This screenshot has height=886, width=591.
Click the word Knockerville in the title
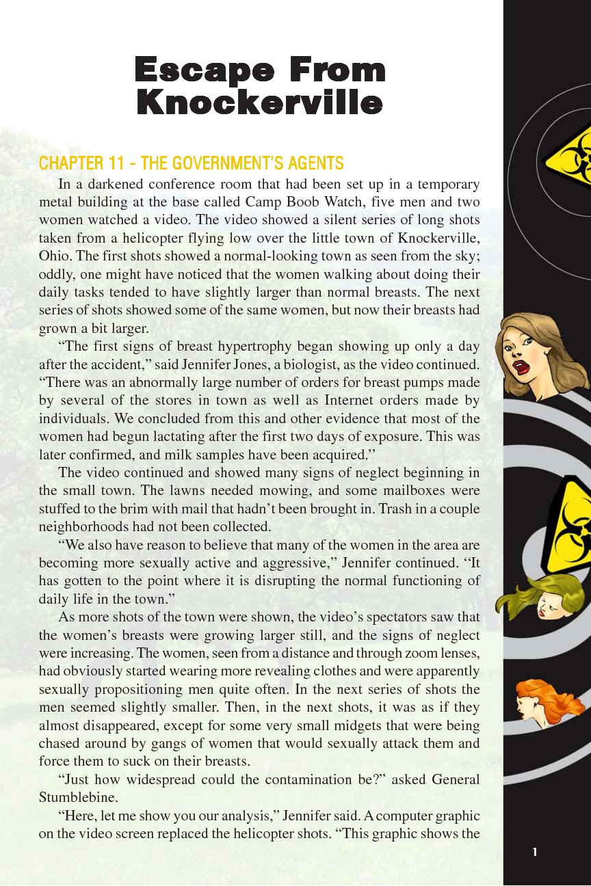[x=259, y=103]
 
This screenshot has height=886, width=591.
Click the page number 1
[x=535, y=852]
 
